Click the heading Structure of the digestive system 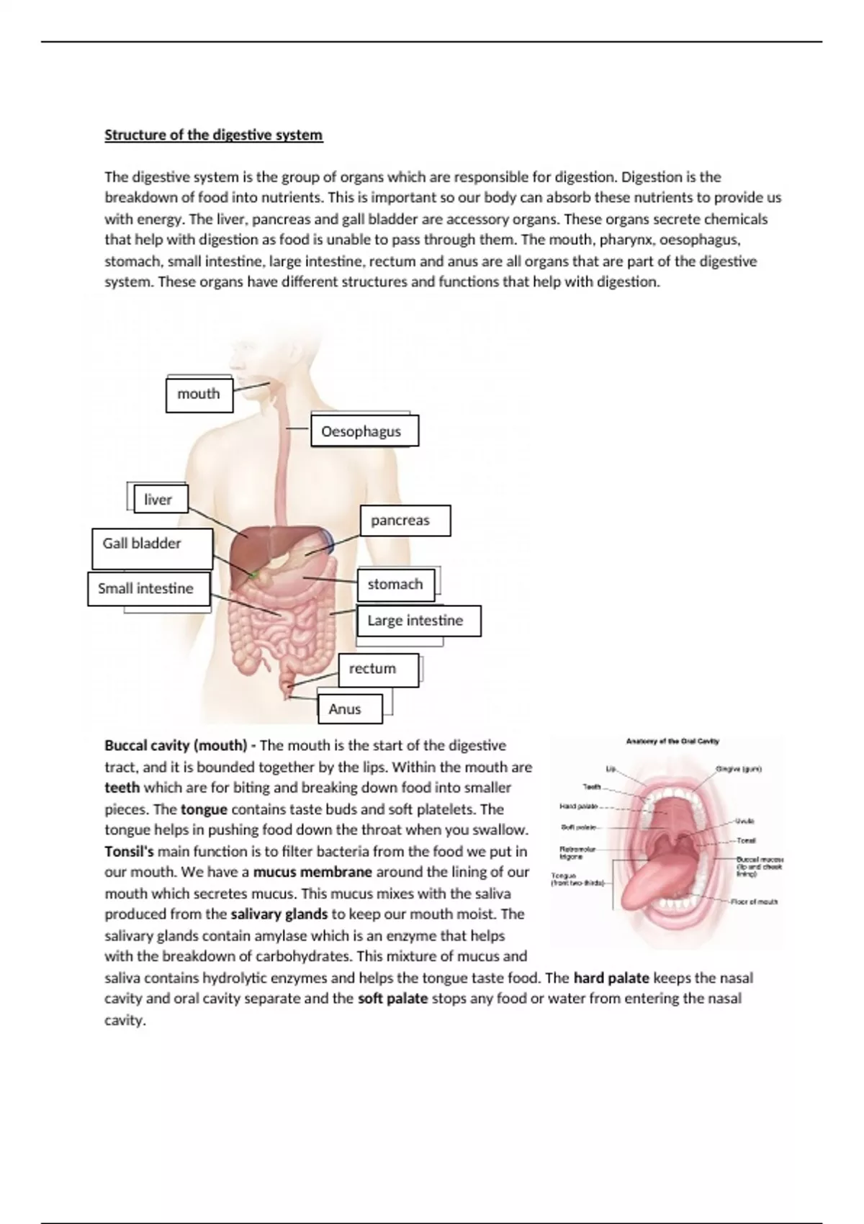click(x=213, y=135)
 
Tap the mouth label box click(x=199, y=395)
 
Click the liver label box click(x=160, y=500)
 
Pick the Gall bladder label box click(x=151, y=547)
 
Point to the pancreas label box click(x=404, y=521)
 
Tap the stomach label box click(x=395, y=585)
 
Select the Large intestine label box click(x=418, y=621)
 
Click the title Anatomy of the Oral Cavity click(x=672, y=741)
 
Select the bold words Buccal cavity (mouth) click(x=176, y=746)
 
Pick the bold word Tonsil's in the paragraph click(x=129, y=852)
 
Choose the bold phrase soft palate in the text click(x=392, y=999)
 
